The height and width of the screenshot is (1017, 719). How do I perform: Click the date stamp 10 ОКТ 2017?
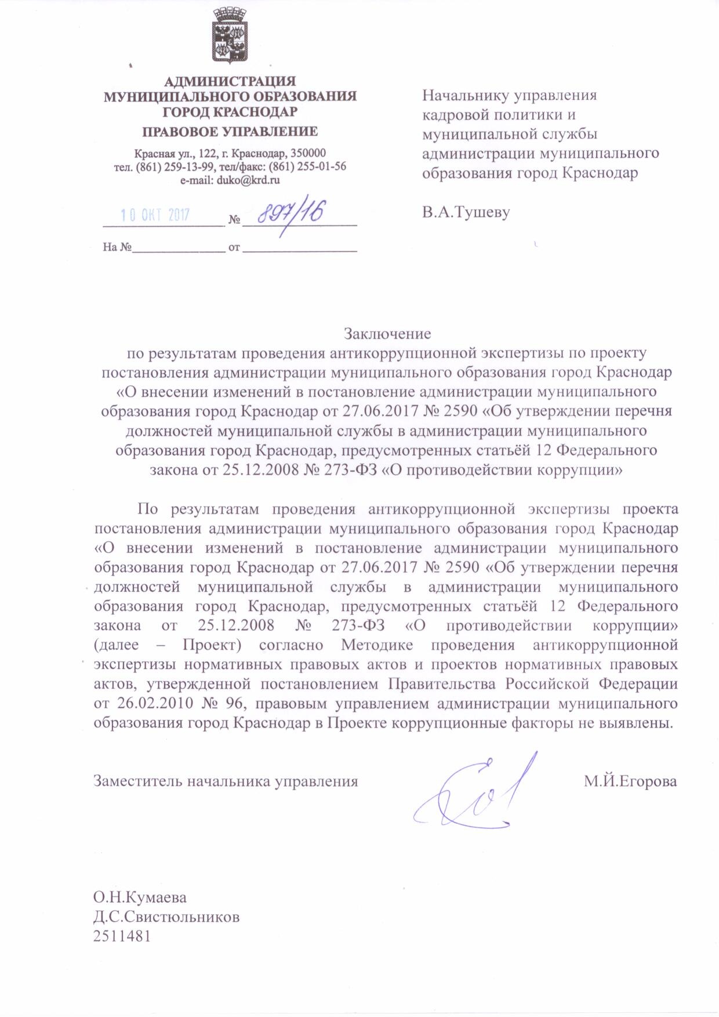point(155,215)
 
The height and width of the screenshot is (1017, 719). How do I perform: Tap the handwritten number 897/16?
point(290,213)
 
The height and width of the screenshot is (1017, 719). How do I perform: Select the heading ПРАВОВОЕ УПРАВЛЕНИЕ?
point(230,132)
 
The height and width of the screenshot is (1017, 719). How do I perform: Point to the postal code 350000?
point(308,153)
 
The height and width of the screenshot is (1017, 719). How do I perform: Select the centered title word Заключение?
point(387,334)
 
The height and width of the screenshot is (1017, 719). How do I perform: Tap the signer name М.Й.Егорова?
point(630,781)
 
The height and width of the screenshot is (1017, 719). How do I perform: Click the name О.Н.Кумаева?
point(140,897)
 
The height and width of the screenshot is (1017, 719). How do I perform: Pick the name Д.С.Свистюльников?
point(166,917)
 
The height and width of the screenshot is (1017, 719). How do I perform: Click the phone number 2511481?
point(122,936)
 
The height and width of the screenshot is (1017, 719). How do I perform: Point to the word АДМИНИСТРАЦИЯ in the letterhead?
point(230,81)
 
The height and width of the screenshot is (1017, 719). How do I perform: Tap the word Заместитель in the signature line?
point(133,781)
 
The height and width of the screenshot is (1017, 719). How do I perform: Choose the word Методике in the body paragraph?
point(377,645)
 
